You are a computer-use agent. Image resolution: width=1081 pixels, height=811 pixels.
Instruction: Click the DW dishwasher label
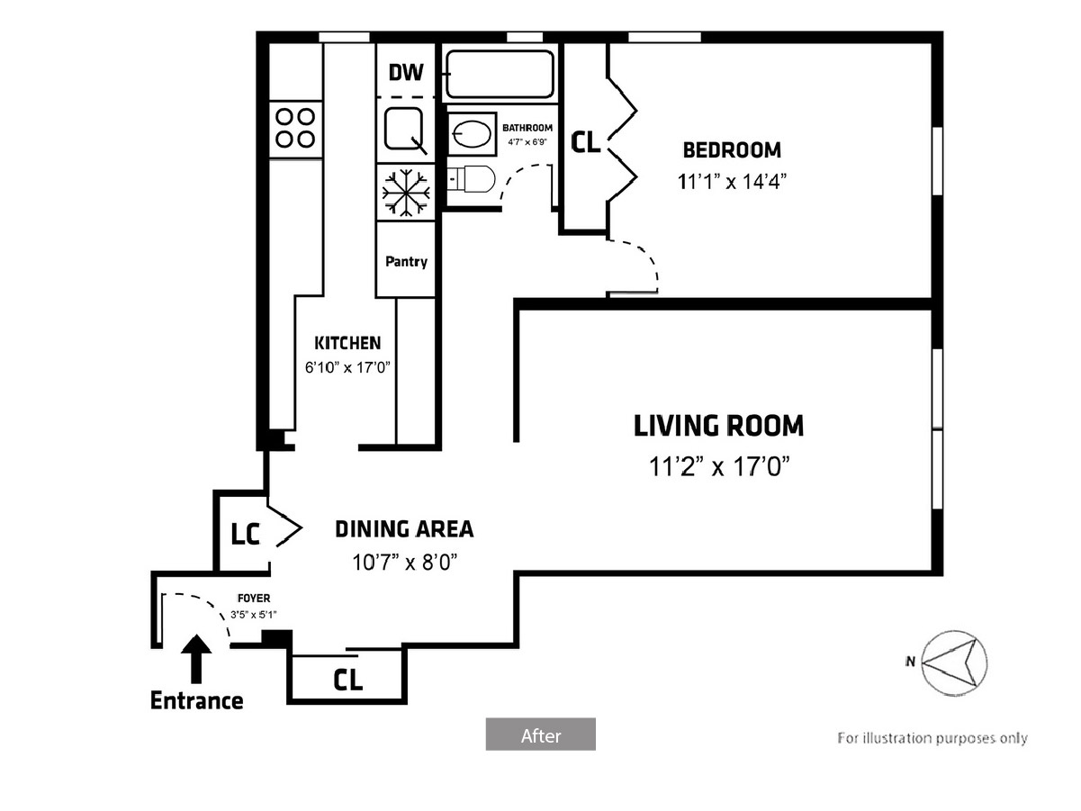pos(406,72)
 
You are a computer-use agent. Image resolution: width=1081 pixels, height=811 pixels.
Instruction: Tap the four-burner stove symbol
pos(295,129)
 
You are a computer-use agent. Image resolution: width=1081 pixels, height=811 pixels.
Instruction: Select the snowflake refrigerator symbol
pos(406,193)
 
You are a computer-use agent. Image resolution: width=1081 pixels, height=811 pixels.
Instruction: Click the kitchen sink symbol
pos(405,130)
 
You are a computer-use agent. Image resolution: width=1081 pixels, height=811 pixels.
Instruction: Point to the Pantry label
pos(406,261)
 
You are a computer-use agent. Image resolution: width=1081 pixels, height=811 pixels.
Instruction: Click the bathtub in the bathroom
pos(500,75)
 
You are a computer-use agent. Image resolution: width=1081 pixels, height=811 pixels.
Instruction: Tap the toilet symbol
pos(471,179)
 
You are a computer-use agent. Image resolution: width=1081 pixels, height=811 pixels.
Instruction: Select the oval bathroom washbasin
pos(472,134)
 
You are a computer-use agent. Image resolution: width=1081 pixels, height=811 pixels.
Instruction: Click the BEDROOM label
pos(732,150)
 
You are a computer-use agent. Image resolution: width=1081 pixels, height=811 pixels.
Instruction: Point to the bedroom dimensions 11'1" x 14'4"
pos(732,182)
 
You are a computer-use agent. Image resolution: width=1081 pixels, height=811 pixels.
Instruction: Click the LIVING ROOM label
pos(718,426)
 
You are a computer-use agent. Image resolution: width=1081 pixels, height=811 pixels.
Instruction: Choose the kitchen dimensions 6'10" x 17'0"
pos(347,367)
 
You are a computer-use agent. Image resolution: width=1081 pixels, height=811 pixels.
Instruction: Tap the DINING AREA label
pos(404,529)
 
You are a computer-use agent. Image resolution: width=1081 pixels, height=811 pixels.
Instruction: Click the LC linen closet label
pos(245,535)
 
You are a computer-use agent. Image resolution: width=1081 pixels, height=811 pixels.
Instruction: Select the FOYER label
pos(254,599)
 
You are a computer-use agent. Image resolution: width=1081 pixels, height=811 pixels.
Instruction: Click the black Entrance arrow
pos(196,659)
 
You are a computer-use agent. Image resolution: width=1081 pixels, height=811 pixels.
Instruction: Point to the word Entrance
pos(196,700)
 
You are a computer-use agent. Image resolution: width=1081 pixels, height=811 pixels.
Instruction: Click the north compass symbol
pos(954,662)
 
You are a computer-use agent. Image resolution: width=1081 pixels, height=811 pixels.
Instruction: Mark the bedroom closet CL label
pos(585,142)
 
